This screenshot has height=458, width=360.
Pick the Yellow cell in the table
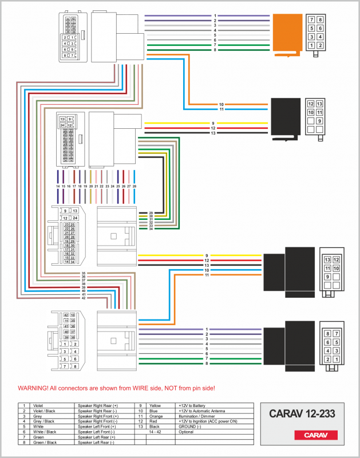[155, 405]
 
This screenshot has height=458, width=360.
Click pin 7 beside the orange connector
[312, 19]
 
